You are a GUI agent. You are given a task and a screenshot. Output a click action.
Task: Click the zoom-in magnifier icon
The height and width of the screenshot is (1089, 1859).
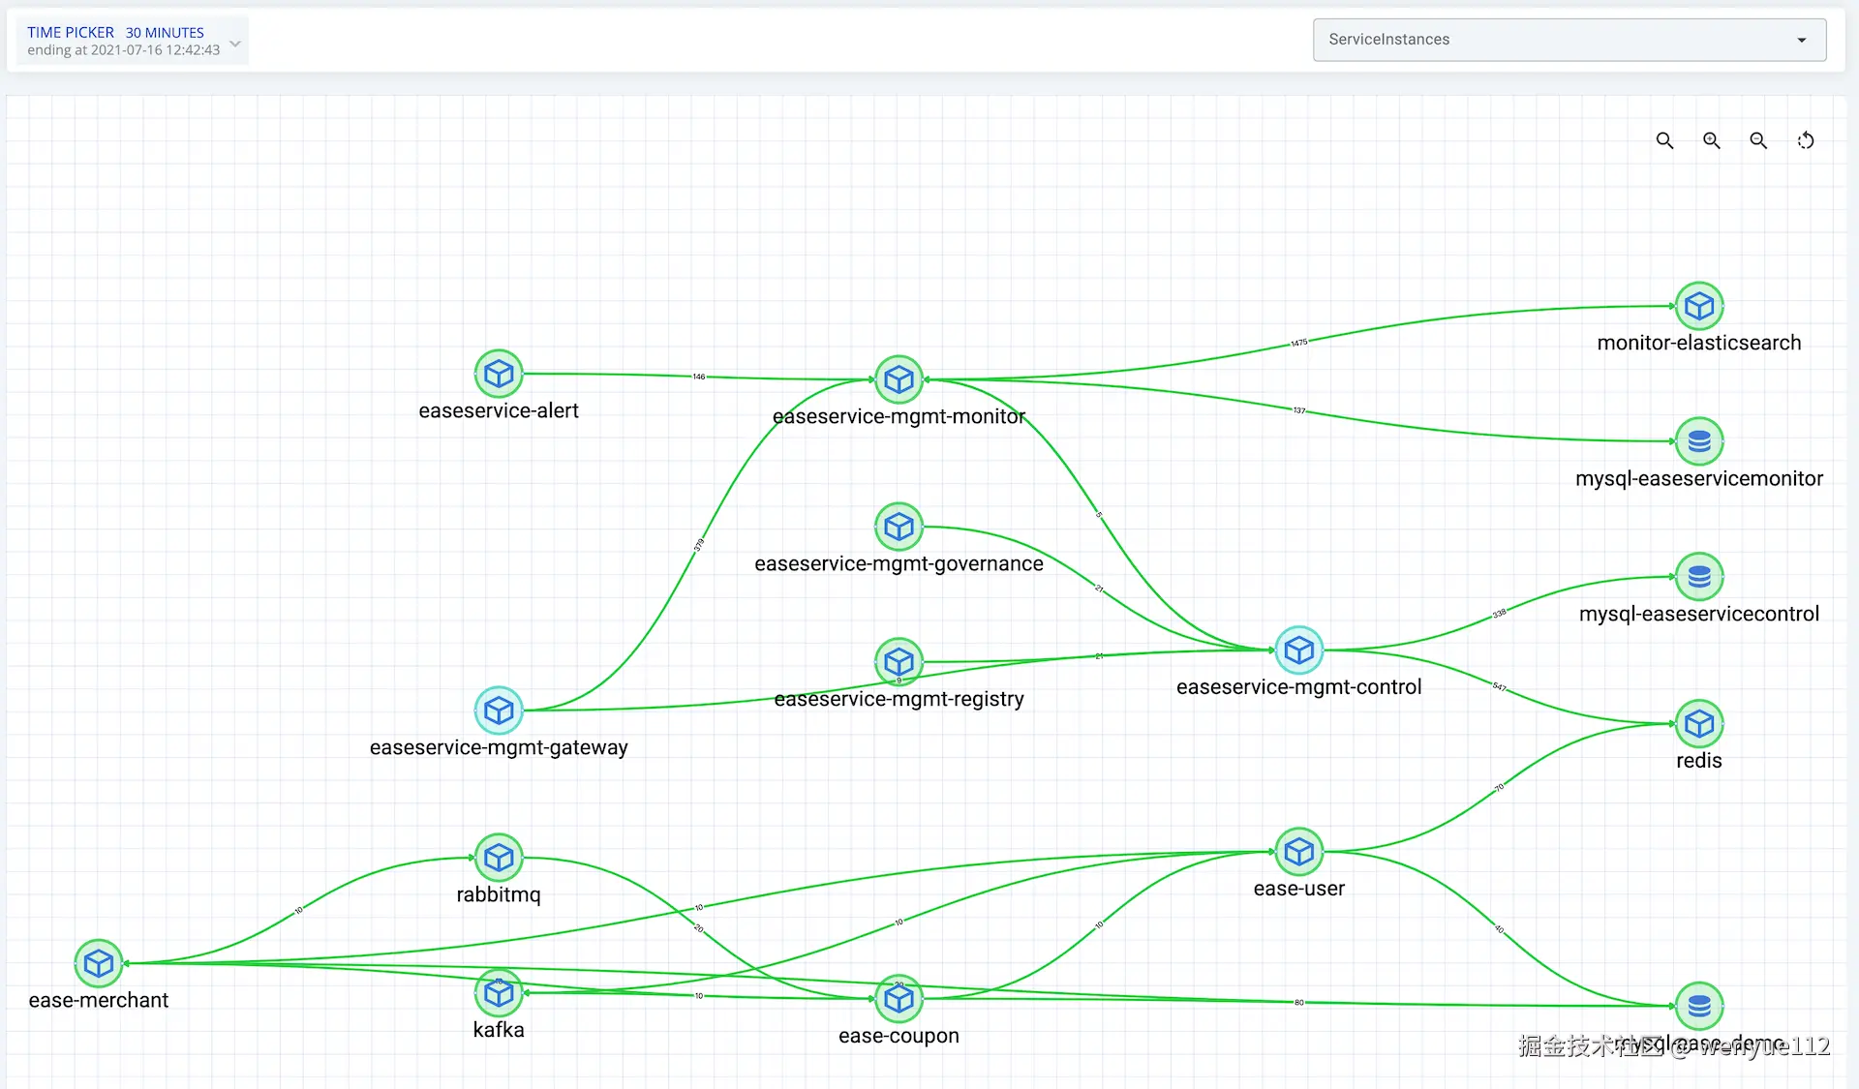pos(1712,140)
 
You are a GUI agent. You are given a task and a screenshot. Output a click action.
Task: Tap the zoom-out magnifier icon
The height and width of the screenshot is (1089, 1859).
pos(1758,140)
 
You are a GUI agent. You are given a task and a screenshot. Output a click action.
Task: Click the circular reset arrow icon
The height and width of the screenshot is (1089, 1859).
pos(1806,140)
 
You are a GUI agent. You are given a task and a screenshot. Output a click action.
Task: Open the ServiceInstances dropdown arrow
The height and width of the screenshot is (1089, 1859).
pos(1802,40)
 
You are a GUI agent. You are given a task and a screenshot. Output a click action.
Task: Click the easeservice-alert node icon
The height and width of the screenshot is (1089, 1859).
pos(499,374)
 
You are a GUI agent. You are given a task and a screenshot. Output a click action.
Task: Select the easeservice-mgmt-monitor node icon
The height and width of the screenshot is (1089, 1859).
pos(899,379)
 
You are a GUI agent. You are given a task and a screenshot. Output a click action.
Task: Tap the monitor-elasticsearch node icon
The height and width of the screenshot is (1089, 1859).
pos(1699,306)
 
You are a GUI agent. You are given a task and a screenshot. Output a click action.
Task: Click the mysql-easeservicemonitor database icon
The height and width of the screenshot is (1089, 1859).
pos(1699,441)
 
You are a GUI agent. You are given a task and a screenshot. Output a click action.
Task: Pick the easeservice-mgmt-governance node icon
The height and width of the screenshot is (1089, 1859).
pos(899,527)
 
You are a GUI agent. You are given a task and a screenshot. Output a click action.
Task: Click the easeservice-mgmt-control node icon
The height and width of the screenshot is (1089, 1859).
pos(1298,650)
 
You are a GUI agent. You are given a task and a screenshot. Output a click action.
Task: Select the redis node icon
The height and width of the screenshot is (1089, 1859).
pos(1699,724)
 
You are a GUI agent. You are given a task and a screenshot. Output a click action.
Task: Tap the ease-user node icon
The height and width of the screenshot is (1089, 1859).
pos(1298,852)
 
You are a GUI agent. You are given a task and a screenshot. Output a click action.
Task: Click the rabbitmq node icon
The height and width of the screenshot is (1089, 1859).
pos(499,858)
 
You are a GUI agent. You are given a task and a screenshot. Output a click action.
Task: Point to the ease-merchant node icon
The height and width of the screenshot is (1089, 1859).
pos(99,963)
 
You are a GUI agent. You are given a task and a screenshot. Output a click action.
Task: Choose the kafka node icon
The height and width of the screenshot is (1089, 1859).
pos(499,993)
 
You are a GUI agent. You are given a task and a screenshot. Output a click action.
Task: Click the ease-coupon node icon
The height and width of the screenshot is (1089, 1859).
pos(899,999)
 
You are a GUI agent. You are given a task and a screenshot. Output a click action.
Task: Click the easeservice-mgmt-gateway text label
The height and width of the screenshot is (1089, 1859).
pos(499,747)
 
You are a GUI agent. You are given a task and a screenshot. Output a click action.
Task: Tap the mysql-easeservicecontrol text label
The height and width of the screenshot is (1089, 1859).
pos(1699,614)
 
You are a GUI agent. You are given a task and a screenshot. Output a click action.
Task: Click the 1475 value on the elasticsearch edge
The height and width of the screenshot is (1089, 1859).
pos(1298,343)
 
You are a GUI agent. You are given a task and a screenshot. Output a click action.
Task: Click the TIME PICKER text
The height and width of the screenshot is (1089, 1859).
pos(71,33)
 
